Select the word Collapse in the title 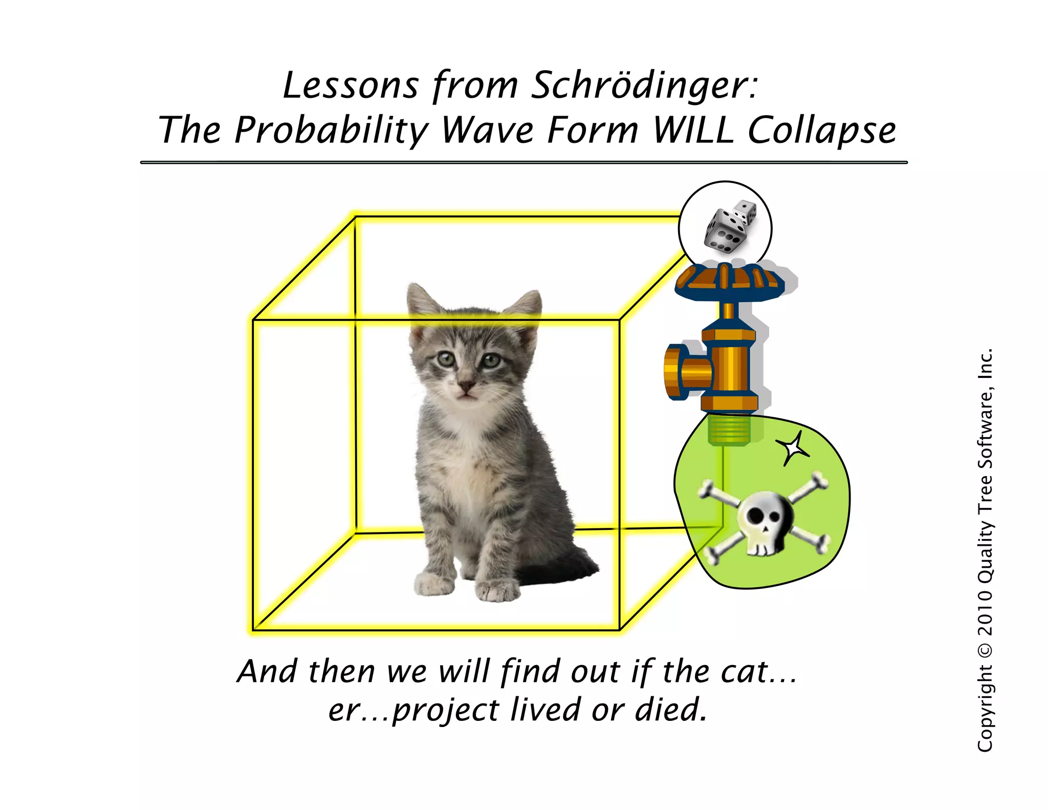click(822, 131)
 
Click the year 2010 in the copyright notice click(985, 612)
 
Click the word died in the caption click(670, 710)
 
